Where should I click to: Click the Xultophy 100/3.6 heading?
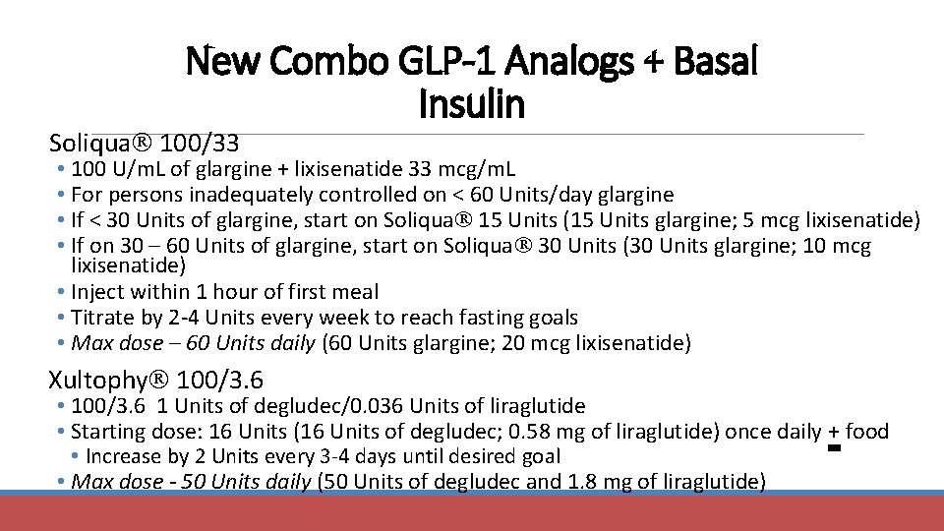click(156, 379)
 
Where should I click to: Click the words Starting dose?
click(132, 431)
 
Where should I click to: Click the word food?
click(866, 431)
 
